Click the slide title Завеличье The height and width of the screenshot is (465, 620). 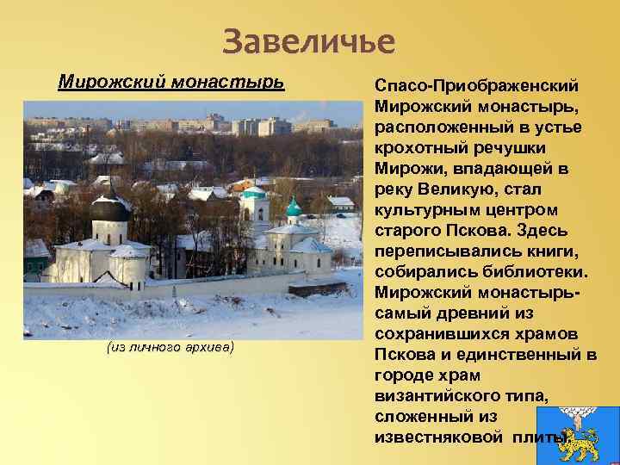pyautogui.click(x=308, y=40)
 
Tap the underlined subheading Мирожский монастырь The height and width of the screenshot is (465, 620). pyautogui.click(x=170, y=82)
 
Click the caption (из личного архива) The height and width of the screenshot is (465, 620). pyautogui.click(x=170, y=347)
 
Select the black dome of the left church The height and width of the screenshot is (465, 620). pyautogui.click(x=109, y=209)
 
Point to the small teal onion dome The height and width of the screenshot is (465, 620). pyautogui.click(x=294, y=208)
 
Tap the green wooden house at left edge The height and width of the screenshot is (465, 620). pyautogui.click(x=35, y=257)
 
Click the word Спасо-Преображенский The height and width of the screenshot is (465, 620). pyautogui.click(x=476, y=87)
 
